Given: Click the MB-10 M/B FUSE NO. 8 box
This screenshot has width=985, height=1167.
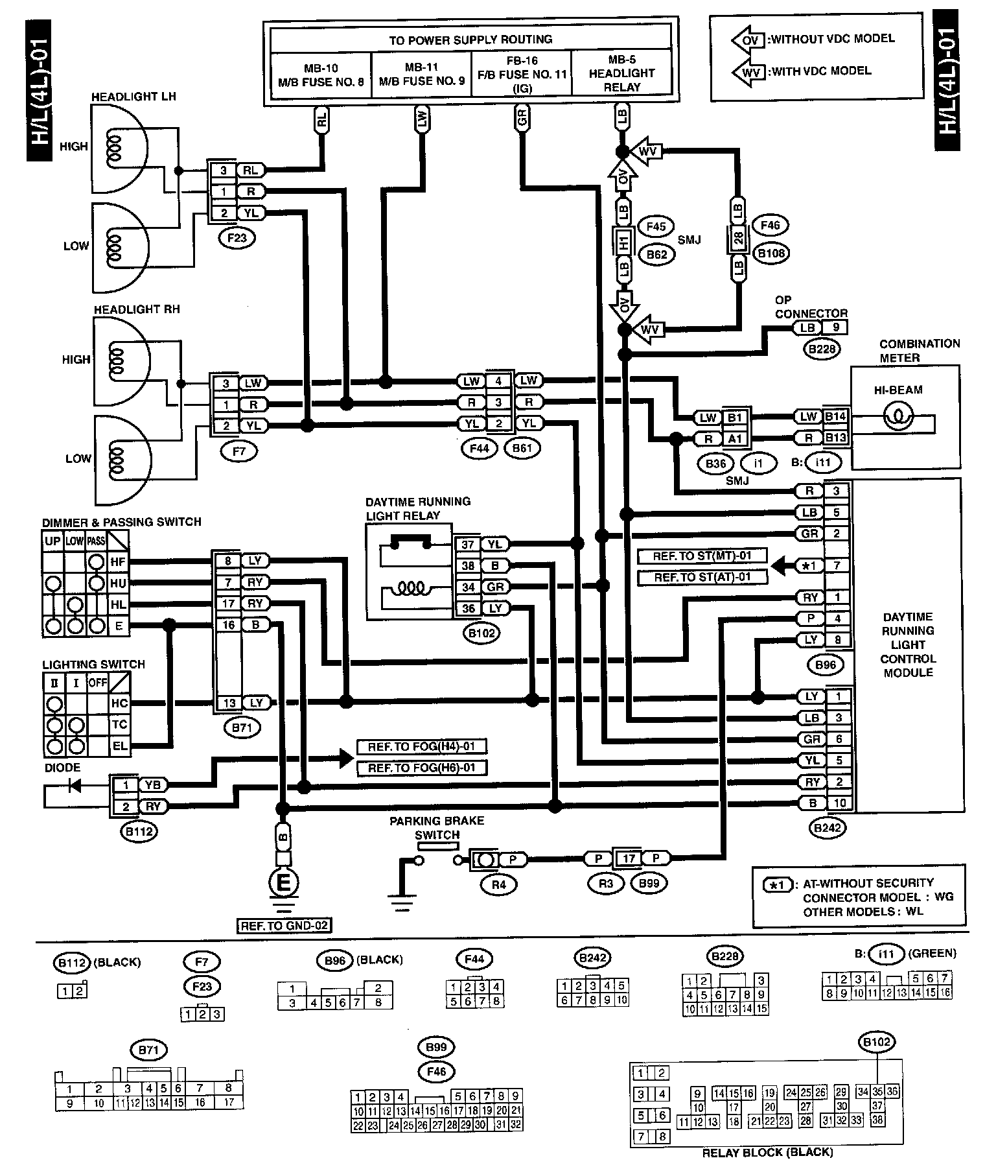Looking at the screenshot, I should coord(320,75).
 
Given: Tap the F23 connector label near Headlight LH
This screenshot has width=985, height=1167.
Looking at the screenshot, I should coord(237,238).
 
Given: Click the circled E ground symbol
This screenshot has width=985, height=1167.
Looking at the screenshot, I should coord(284,882).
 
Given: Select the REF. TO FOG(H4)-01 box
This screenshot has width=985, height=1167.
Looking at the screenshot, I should coord(421,747).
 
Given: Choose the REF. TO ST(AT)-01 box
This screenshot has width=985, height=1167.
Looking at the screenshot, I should coord(702,577).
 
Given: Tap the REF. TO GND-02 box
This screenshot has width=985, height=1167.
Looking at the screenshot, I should coord(284,926).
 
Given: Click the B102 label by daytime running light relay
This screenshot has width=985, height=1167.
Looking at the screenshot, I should coord(481,633).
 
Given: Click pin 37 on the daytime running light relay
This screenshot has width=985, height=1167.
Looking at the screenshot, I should coord(468,545).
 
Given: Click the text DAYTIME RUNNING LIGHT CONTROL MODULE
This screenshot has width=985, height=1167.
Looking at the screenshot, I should coord(907,644).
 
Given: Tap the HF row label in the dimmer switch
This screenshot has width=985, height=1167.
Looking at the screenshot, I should coord(118,562).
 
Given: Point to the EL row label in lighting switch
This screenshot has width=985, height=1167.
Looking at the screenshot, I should coord(120,746).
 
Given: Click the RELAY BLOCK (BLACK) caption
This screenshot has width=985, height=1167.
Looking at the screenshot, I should coord(767,1152).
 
